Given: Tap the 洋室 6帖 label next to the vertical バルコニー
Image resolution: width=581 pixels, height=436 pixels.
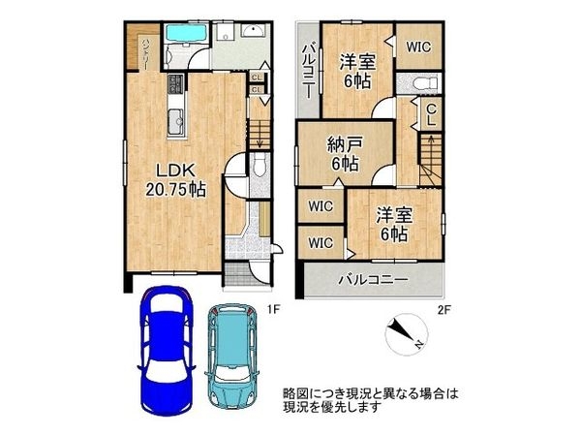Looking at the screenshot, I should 356,71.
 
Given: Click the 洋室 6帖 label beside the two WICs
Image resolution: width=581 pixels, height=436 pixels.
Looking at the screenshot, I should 396,222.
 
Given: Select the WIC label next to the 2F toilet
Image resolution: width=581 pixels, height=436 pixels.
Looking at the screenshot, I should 418,46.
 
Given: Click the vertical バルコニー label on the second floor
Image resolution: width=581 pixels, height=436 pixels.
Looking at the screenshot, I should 307,69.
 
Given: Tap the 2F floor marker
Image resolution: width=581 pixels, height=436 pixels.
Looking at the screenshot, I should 444,309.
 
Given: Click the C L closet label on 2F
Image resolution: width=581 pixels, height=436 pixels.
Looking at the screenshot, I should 432,116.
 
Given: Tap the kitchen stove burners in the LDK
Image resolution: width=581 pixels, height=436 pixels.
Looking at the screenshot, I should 175,84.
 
